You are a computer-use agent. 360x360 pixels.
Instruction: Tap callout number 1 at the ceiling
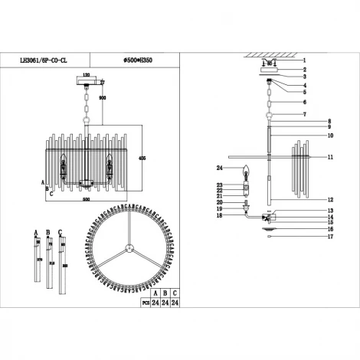tap(303, 60)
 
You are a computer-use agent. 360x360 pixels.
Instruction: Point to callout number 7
tap(303, 115)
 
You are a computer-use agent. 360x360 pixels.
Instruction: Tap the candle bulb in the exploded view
tap(247, 171)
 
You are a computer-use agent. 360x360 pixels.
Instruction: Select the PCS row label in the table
tap(140, 303)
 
